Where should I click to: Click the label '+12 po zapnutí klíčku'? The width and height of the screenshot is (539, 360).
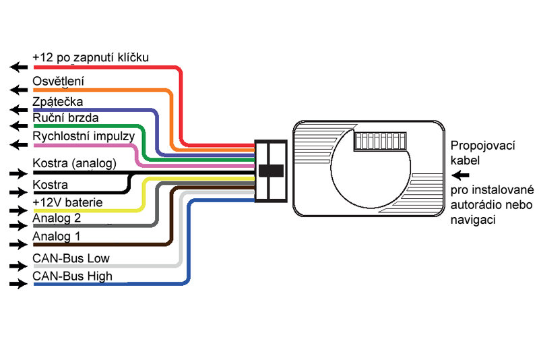coord(90,58)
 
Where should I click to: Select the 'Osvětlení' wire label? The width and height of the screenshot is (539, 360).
coord(58,82)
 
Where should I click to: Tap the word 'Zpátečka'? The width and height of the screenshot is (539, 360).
coord(57,102)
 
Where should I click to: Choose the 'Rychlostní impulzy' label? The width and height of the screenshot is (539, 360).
coord(83,137)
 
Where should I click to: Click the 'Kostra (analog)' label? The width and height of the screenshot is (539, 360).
coord(74,164)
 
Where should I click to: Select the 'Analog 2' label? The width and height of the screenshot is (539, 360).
coord(56,218)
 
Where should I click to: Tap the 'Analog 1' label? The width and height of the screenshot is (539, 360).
coord(56,237)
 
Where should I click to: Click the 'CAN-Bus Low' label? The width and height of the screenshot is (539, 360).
coord(71,258)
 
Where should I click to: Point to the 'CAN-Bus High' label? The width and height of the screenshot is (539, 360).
coord(72,276)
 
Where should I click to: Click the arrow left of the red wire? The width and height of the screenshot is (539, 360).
coord(18,67)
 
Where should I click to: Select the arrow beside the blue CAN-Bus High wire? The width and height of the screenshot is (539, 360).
coord(18,284)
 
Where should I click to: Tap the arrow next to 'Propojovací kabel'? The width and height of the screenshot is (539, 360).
coord(460,175)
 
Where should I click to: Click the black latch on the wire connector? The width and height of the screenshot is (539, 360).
coord(272,171)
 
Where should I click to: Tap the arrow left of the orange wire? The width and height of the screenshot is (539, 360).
coord(18,90)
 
